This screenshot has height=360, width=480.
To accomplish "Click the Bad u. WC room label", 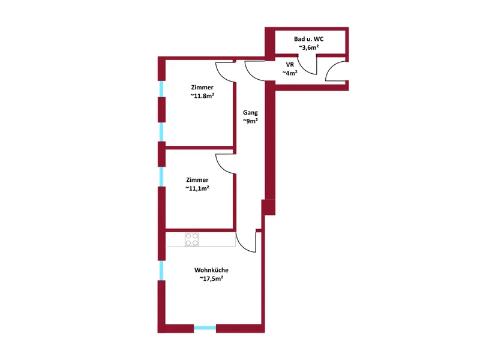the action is click(x=308, y=39).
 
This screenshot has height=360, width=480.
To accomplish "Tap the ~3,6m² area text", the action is click(x=308, y=47).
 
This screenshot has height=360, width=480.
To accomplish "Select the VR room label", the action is click(x=290, y=65).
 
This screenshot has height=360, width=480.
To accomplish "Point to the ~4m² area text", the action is click(x=290, y=73).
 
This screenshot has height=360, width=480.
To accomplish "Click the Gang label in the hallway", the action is click(x=250, y=113).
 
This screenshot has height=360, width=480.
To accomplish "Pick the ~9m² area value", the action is click(x=250, y=121).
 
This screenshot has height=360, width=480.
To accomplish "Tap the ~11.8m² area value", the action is click(x=202, y=96).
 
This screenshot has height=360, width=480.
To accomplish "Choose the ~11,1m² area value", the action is click(x=197, y=188).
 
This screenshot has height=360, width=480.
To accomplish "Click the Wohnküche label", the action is click(x=211, y=270).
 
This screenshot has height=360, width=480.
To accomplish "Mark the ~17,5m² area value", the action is click(x=211, y=278).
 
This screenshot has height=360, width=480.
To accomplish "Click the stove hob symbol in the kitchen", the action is click(x=191, y=239).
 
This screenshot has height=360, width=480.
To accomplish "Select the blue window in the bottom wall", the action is click(x=205, y=328).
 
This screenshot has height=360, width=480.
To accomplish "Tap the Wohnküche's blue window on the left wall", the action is click(x=161, y=271).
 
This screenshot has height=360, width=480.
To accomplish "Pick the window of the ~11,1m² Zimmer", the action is click(x=161, y=176).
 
